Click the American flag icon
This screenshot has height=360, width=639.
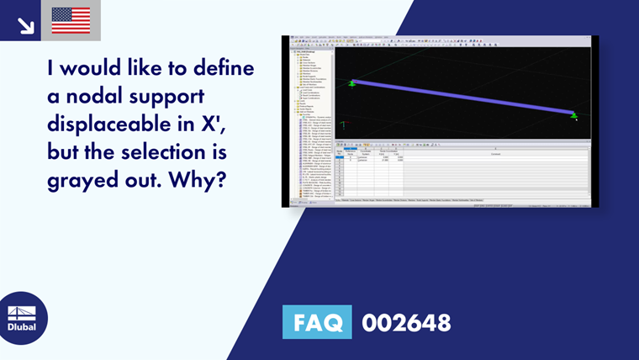click(71, 20)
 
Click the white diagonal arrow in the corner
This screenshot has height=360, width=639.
click(26, 25)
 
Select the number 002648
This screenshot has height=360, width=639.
click(406, 322)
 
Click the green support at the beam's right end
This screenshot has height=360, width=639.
click(574, 115)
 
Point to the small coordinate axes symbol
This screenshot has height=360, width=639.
click(342, 124)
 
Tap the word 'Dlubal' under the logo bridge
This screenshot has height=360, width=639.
click(22, 326)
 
